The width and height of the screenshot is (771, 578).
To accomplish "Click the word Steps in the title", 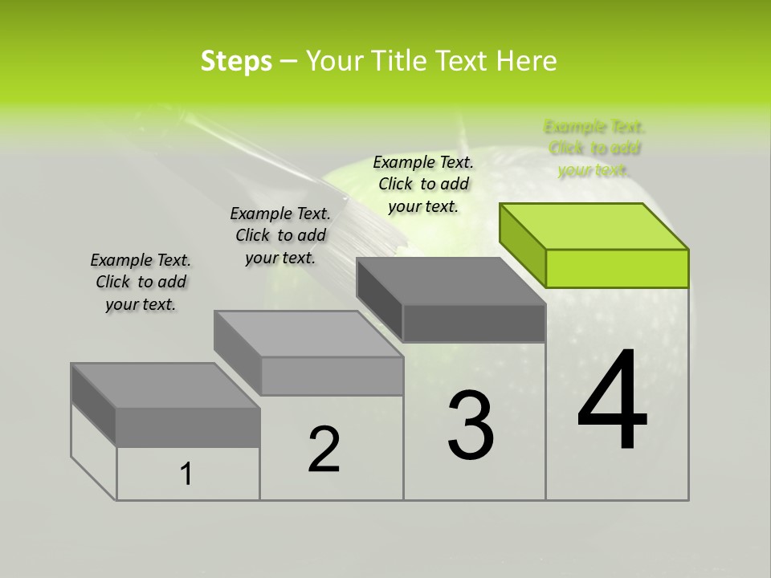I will (x=236, y=61).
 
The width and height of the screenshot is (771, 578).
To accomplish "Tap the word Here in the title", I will (x=526, y=61).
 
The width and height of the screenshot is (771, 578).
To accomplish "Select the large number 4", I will (x=612, y=401).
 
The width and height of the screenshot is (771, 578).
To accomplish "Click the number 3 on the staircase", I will (x=471, y=425).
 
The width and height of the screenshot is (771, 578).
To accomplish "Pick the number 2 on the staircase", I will (x=324, y=450).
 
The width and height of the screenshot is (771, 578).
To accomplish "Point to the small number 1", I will (x=186, y=474).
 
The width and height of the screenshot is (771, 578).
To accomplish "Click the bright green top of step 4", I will (x=594, y=226).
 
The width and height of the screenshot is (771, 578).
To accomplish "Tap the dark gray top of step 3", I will (x=450, y=281).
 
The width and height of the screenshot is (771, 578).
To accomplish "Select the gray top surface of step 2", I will (x=308, y=333).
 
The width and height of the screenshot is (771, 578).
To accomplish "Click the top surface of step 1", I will (x=165, y=385).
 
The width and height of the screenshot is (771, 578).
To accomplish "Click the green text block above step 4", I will (x=594, y=148).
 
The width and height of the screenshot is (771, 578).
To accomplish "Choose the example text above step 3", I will (x=423, y=184).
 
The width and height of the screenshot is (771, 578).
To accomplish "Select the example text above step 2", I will (x=280, y=235).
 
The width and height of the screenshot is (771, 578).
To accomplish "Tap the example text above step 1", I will (x=141, y=282).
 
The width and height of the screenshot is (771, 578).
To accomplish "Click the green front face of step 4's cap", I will (x=617, y=268).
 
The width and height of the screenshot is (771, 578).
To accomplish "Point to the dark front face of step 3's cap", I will (x=474, y=324).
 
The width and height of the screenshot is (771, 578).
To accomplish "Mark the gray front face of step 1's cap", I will (x=188, y=427).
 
